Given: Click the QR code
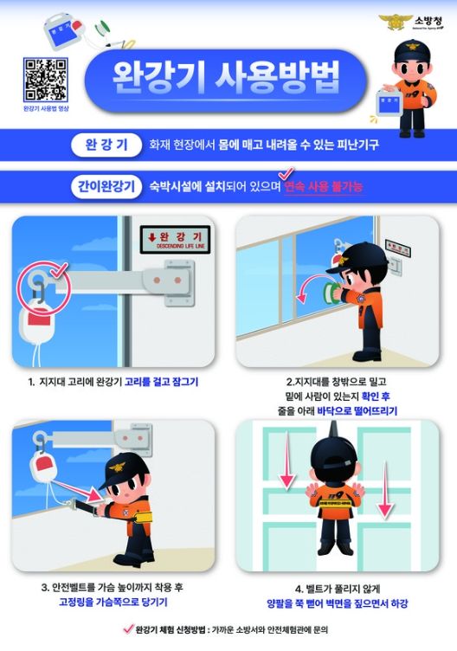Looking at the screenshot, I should click(x=44, y=79).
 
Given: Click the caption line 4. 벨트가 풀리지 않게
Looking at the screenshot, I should click(x=338, y=588).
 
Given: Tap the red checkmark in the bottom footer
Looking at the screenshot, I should click(x=129, y=629).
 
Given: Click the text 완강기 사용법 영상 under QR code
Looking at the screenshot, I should click(x=44, y=109).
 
